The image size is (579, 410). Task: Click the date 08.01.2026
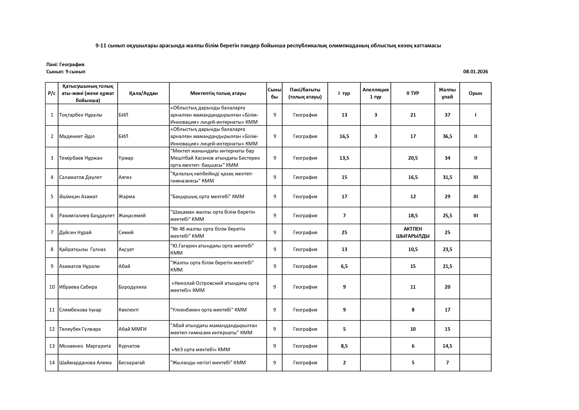(475, 71)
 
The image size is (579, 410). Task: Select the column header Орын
(475, 93)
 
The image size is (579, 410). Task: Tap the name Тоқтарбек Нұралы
(81, 115)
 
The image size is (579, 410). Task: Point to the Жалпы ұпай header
(447, 93)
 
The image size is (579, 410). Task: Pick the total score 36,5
(447, 136)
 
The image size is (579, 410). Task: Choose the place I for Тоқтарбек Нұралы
(475, 115)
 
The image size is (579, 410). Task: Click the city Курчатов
(129, 346)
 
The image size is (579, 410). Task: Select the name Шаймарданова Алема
(85, 363)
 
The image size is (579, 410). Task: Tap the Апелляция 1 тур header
(375, 93)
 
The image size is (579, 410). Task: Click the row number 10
(52, 287)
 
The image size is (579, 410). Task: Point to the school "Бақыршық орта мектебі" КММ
(207, 197)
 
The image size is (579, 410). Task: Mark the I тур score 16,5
(344, 136)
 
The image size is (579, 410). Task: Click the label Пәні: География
(65, 64)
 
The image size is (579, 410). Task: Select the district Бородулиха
(132, 287)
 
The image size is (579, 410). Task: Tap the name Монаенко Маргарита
(85, 346)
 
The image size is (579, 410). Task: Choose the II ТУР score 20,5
(413, 158)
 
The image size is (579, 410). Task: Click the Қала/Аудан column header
(144, 93)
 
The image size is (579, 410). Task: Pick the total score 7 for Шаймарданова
(447, 363)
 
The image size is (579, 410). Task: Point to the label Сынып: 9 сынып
(66, 71)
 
